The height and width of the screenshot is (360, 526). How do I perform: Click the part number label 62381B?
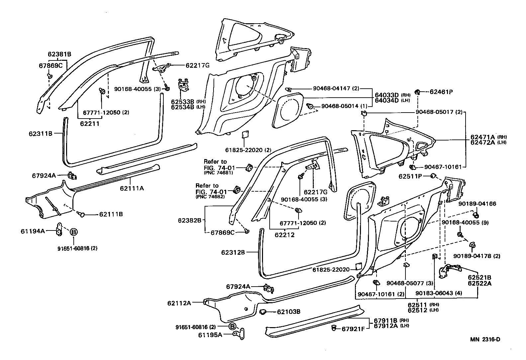click(x=59, y=54)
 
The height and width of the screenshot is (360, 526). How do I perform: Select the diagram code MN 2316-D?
click(x=485, y=339)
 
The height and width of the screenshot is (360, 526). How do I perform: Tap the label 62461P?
click(x=441, y=92)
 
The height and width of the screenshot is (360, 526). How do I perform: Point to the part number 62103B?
click(x=289, y=312)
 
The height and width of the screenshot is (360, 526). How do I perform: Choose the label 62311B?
click(x=41, y=134)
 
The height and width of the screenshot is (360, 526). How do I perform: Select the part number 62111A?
click(x=132, y=188)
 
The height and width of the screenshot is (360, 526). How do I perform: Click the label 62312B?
click(x=233, y=252)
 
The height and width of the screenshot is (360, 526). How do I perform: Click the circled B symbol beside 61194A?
click(x=73, y=232)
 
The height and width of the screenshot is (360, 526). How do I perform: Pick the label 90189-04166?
click(x=477, y=204)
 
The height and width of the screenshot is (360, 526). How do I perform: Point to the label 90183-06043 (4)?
click(x=439, y=294)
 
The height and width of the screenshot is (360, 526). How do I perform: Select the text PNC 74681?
click(x=218, y=173)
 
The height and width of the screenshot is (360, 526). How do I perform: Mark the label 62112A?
click(x=179, y=303)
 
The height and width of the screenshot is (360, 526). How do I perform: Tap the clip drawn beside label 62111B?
click(x=81, y=215)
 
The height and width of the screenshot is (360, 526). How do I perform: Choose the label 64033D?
click(x=387, y=95)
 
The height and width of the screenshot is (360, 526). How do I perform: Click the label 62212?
click(x=285, y=235)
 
